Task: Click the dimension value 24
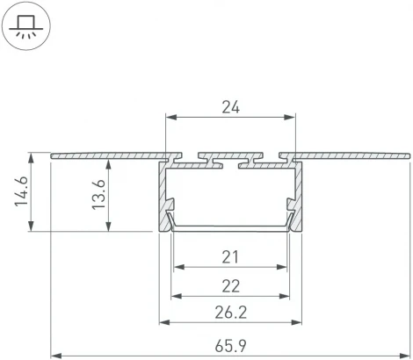(x=230, y=107)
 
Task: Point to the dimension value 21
(x=230, y=257)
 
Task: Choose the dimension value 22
(x=230, y=285)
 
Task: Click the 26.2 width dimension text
(x=230, y=312)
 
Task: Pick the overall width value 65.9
(x=230, y=343)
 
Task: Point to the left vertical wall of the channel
(x=162, y=198)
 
